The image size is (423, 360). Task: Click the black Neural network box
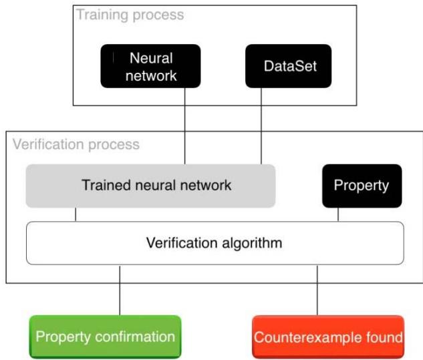click(150, 66)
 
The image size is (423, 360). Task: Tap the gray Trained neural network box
click(150, 185)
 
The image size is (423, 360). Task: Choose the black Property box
click(361, 185)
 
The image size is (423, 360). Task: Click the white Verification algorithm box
click(215, 242)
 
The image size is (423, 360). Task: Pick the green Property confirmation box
click(105, 337)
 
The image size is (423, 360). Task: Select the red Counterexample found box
click(327, 337)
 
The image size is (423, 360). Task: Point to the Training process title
click(130, 14)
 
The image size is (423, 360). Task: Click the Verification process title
click(76, 144)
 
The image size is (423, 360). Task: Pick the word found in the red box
click(386, 337)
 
